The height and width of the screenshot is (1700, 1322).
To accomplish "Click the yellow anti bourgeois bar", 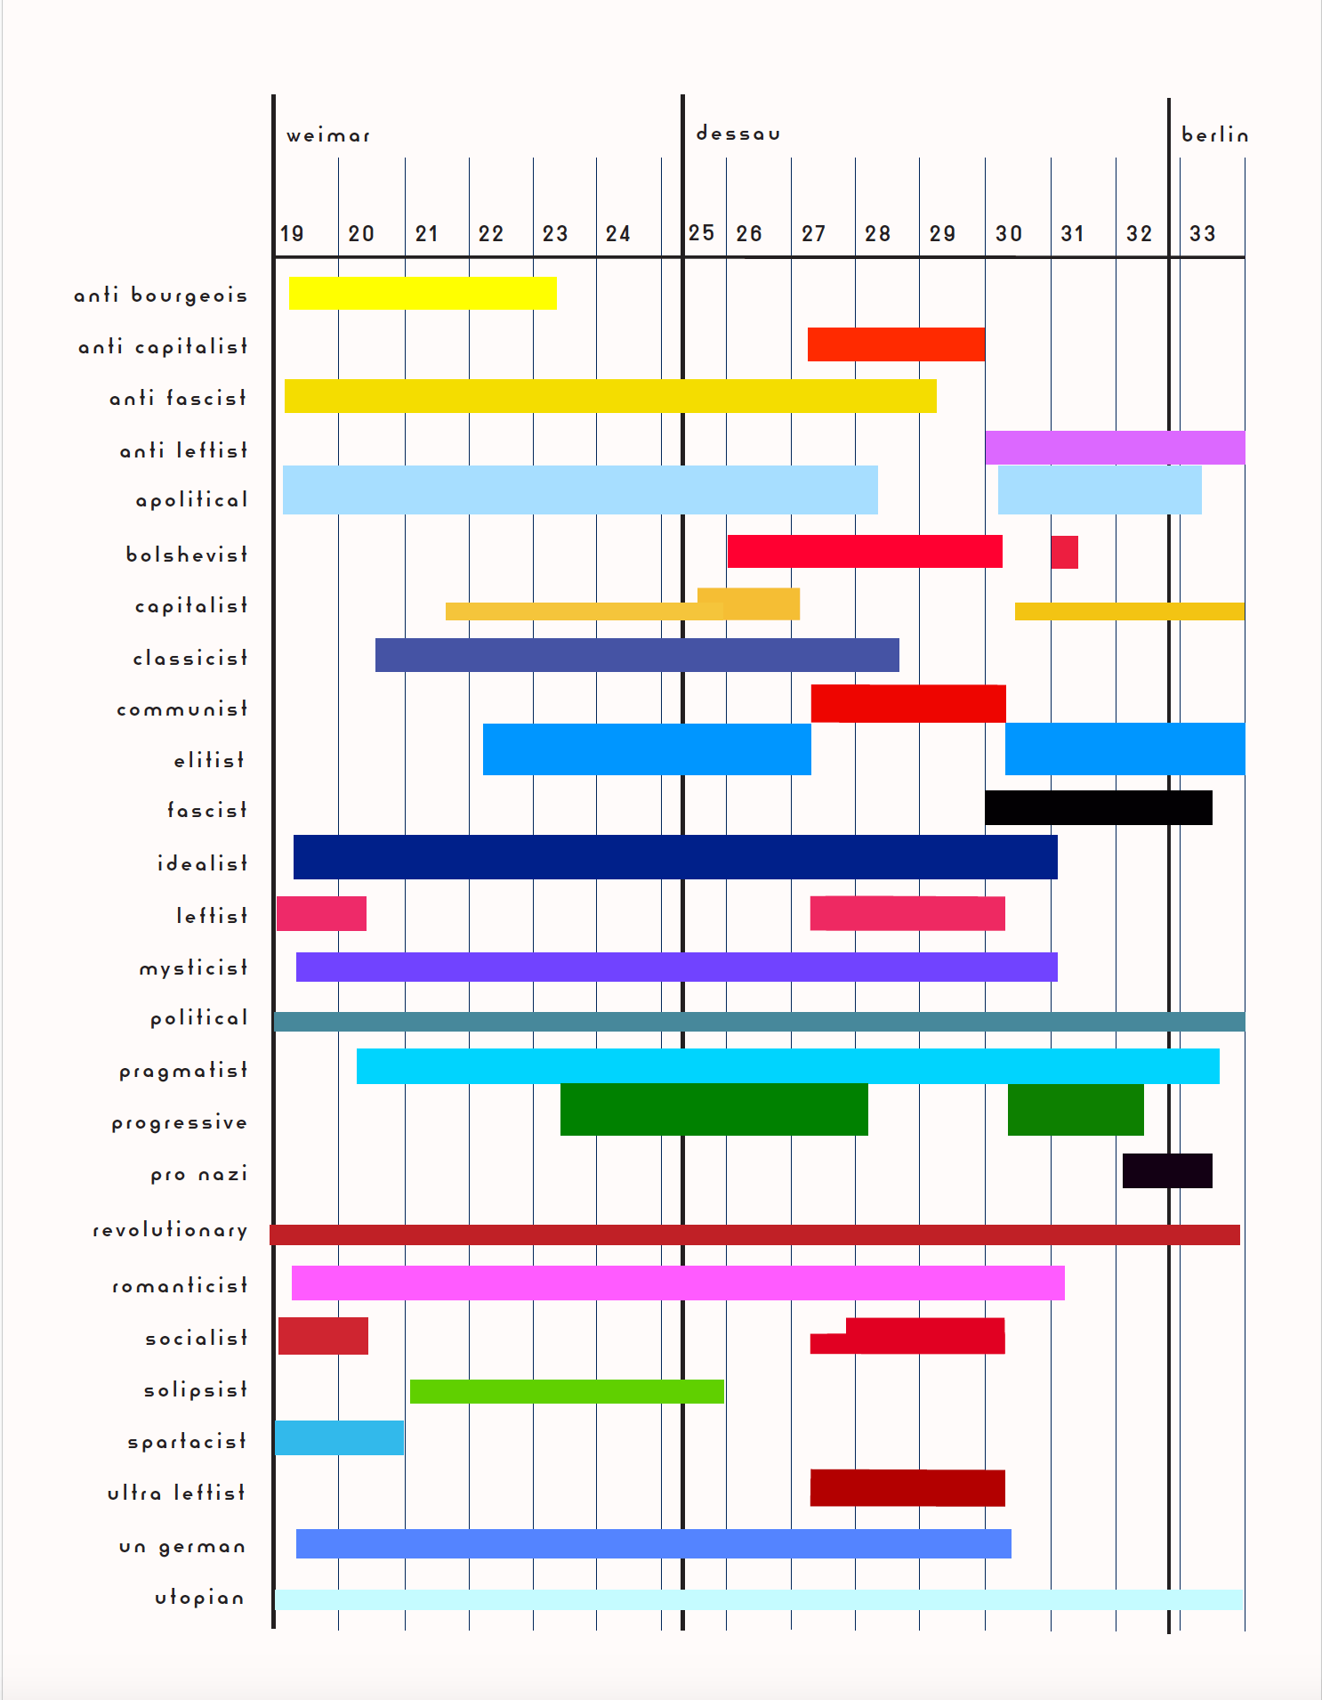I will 423,294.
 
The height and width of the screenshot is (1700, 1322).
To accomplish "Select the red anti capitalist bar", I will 896,344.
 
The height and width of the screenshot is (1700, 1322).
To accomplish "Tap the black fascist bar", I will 1098,807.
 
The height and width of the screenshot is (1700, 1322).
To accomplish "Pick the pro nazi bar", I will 1167,1170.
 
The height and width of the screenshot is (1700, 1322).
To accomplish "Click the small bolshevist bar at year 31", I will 1064,552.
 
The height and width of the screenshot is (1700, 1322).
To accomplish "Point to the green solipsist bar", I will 567,1391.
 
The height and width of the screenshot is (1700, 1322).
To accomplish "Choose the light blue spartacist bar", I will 339,1437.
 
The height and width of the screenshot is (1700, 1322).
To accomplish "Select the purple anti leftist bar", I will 1114,447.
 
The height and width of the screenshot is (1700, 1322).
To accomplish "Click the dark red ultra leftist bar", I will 907,1488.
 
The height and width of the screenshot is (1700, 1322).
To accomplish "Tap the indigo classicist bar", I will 637,655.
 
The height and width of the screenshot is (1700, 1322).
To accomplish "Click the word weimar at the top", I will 328,136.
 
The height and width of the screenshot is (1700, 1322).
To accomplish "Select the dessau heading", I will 738,134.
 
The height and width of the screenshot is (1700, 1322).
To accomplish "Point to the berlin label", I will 1214,135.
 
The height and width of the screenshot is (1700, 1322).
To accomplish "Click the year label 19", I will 292,234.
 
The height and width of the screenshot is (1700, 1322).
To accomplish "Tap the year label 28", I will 877,234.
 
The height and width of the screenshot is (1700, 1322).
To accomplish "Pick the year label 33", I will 1202,234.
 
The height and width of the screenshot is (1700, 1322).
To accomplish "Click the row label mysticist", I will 193,968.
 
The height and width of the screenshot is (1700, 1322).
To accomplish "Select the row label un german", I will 182,1547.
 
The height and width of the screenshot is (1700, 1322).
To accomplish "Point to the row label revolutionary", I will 170,1230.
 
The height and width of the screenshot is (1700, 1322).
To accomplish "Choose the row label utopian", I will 199,1599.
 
